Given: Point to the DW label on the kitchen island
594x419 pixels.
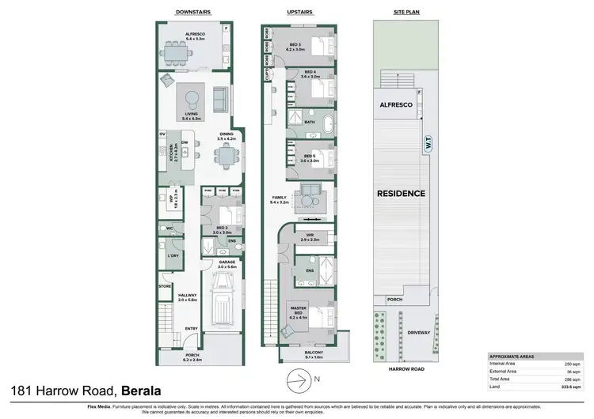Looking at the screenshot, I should [x=184, y=142].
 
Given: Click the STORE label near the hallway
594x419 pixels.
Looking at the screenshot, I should [x=165, y=287].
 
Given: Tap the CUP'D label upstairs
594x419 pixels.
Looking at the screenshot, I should [x=268, y=76].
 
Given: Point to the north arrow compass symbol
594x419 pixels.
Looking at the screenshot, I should [x=297, y=380].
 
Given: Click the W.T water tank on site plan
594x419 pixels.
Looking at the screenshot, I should [x=428, y=146].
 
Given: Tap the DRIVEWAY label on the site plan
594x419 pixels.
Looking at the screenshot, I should [x=419, y=333].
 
